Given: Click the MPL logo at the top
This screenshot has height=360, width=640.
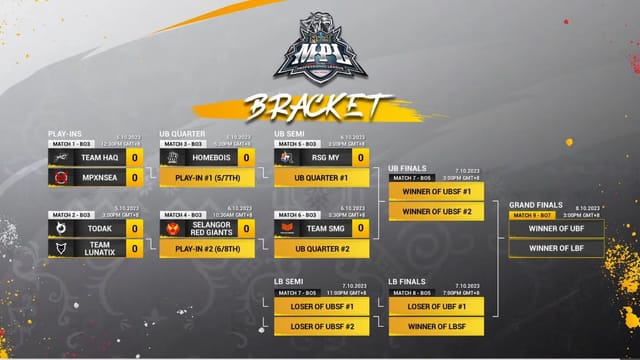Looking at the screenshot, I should (x=319, y=48).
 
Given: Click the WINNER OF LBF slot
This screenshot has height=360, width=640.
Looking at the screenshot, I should (x=556, y=248).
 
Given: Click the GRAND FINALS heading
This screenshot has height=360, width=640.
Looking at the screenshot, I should (x=535, y=204).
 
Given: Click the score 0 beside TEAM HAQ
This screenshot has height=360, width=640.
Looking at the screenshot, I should (x=134, y=157).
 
